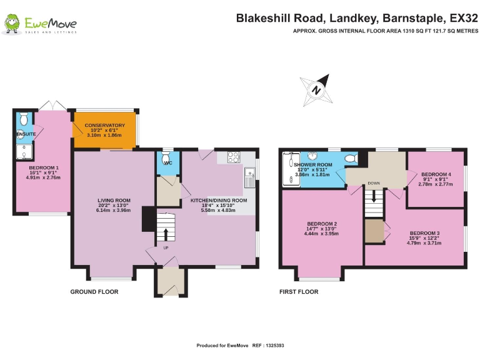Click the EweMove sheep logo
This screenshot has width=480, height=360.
click(x=12, y=25)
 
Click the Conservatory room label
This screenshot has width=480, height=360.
click(x=105, y=126)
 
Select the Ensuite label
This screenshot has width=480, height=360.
click(x=26, y=134)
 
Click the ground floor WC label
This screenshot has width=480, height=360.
click(x=167, y=163)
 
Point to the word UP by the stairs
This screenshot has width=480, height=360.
click(x=166, y=248)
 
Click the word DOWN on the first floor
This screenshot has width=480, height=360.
click(x=374, y=183)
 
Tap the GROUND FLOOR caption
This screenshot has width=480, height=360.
click(x=94, y=292)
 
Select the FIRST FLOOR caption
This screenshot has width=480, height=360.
click(x=299, y=292)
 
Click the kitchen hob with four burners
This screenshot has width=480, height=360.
click(x=232, y=157)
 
